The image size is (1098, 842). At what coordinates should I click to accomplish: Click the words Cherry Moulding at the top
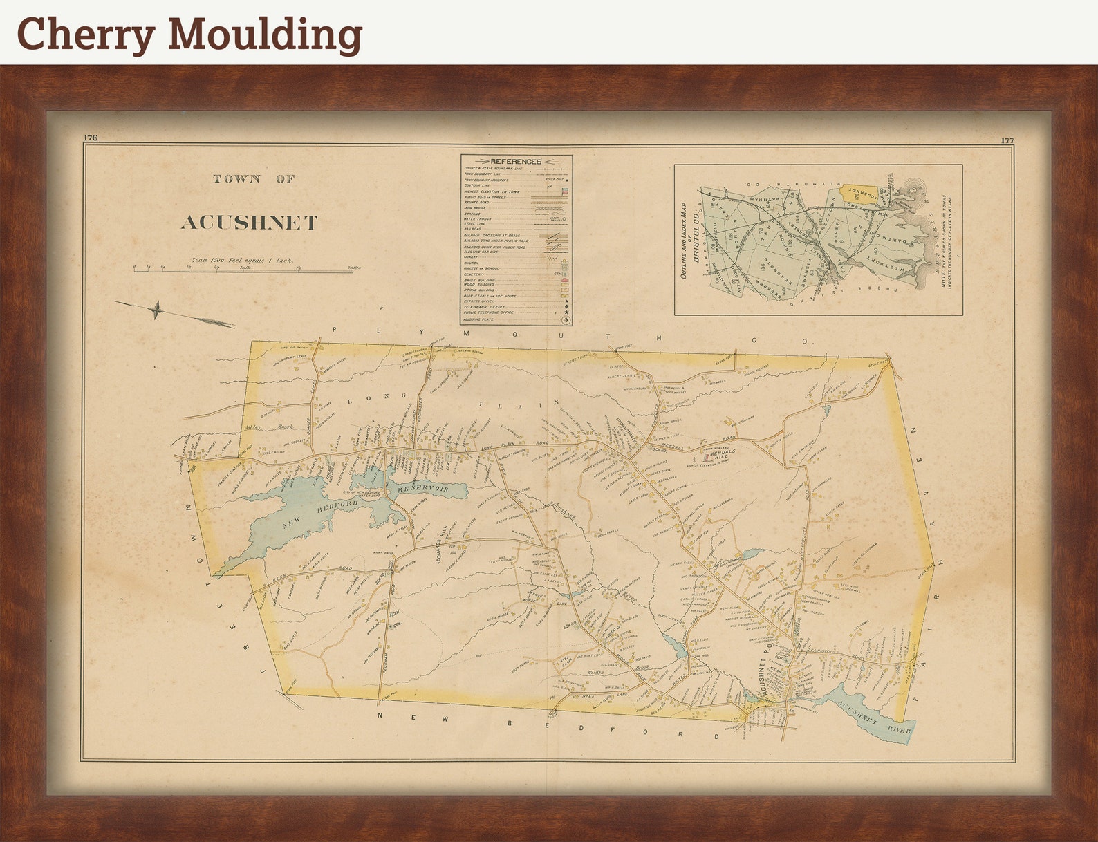click(189, 35)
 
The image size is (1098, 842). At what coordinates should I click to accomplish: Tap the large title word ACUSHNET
click(249, 223)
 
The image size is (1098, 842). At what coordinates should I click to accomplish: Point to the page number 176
click(91, 138)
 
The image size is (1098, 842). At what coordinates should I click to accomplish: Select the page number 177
click(1007, 140)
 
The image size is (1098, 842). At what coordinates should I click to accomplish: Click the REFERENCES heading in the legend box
click(515, 161)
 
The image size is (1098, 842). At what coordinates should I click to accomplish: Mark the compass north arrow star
click(157, 310)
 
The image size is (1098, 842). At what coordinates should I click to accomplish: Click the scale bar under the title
click(243, 271)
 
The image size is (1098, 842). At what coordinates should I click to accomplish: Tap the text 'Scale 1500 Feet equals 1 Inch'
click(242, 261)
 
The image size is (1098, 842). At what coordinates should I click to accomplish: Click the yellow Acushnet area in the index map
click(862, 193)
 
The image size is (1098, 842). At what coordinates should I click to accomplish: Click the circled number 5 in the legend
click(566, 319)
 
